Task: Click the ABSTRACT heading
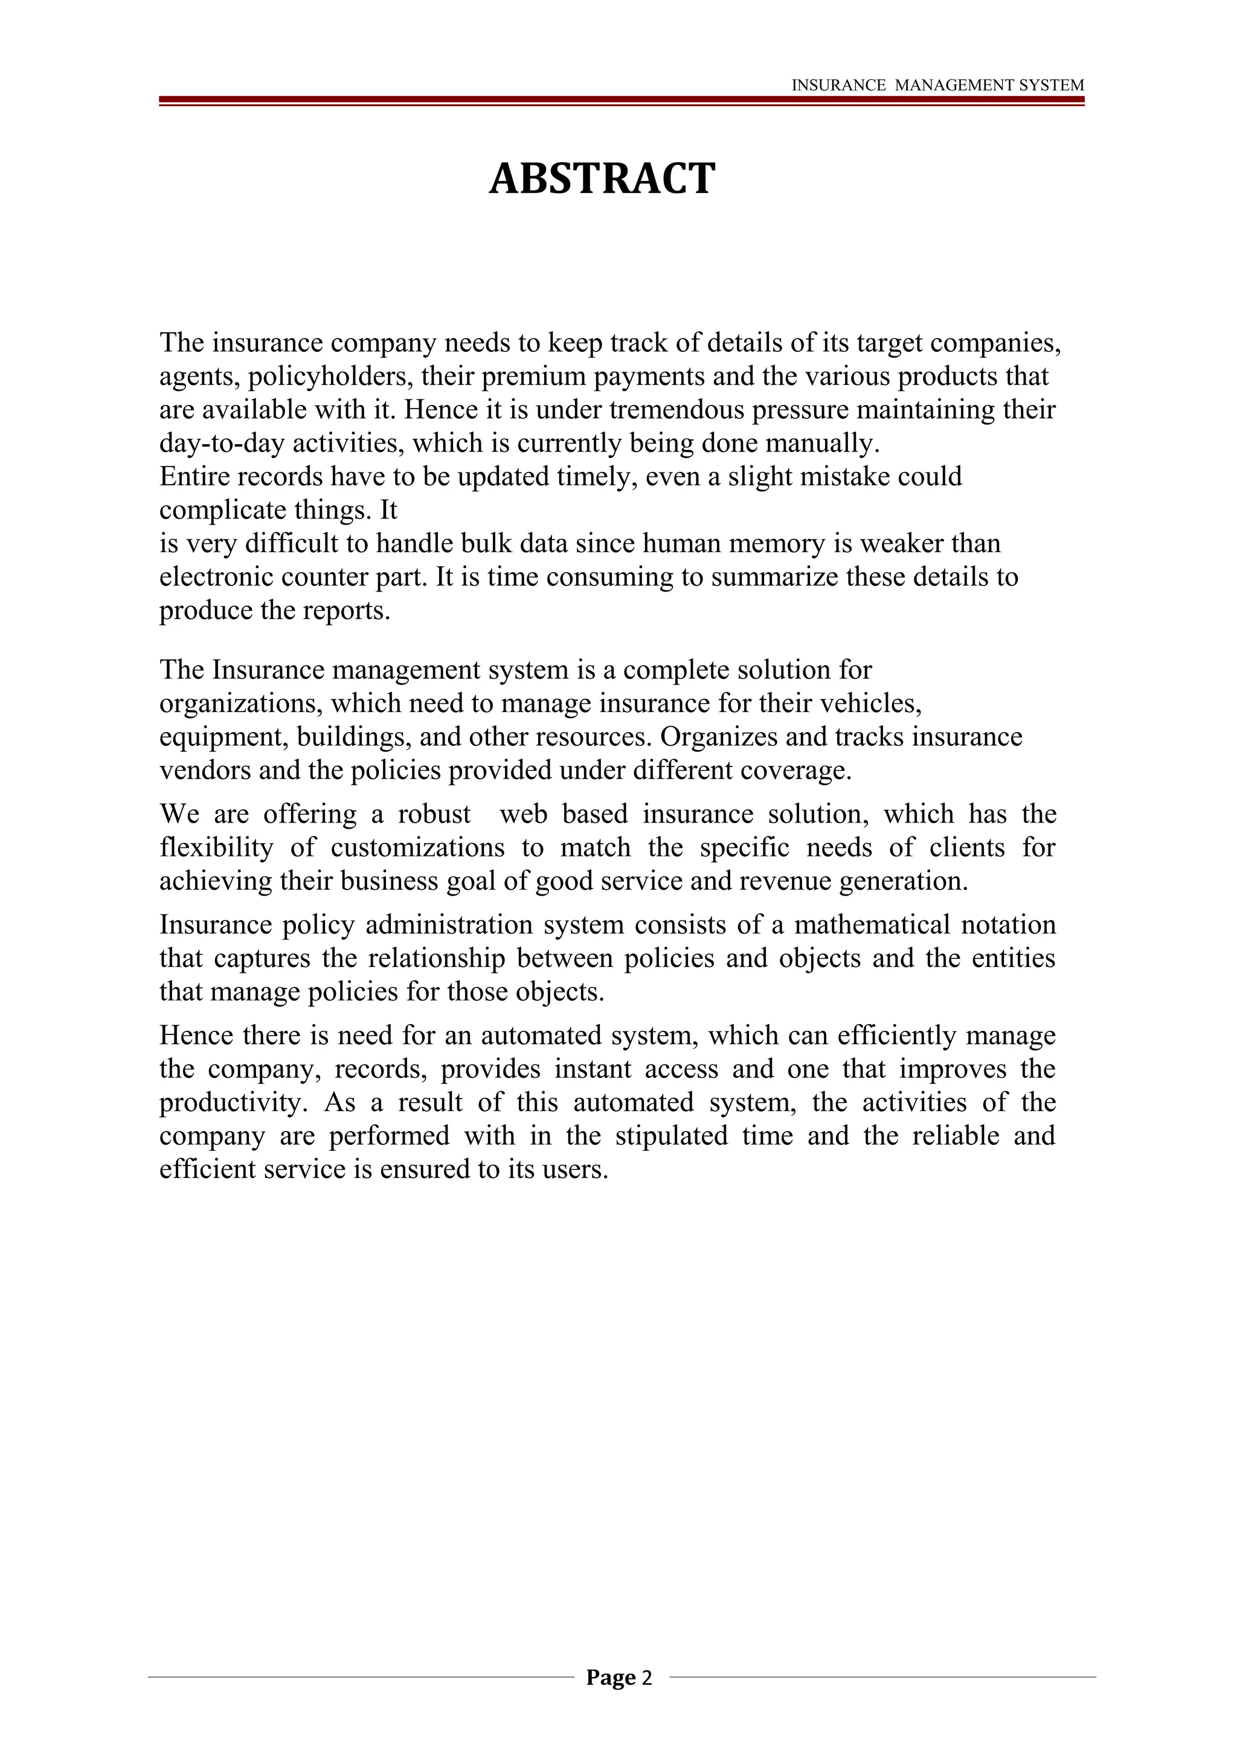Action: point(602,179)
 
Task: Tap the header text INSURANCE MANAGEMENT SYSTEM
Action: point(937,85)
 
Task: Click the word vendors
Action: point(204,770)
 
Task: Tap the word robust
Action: point(434,814)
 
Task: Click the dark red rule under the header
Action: point(620,100)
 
